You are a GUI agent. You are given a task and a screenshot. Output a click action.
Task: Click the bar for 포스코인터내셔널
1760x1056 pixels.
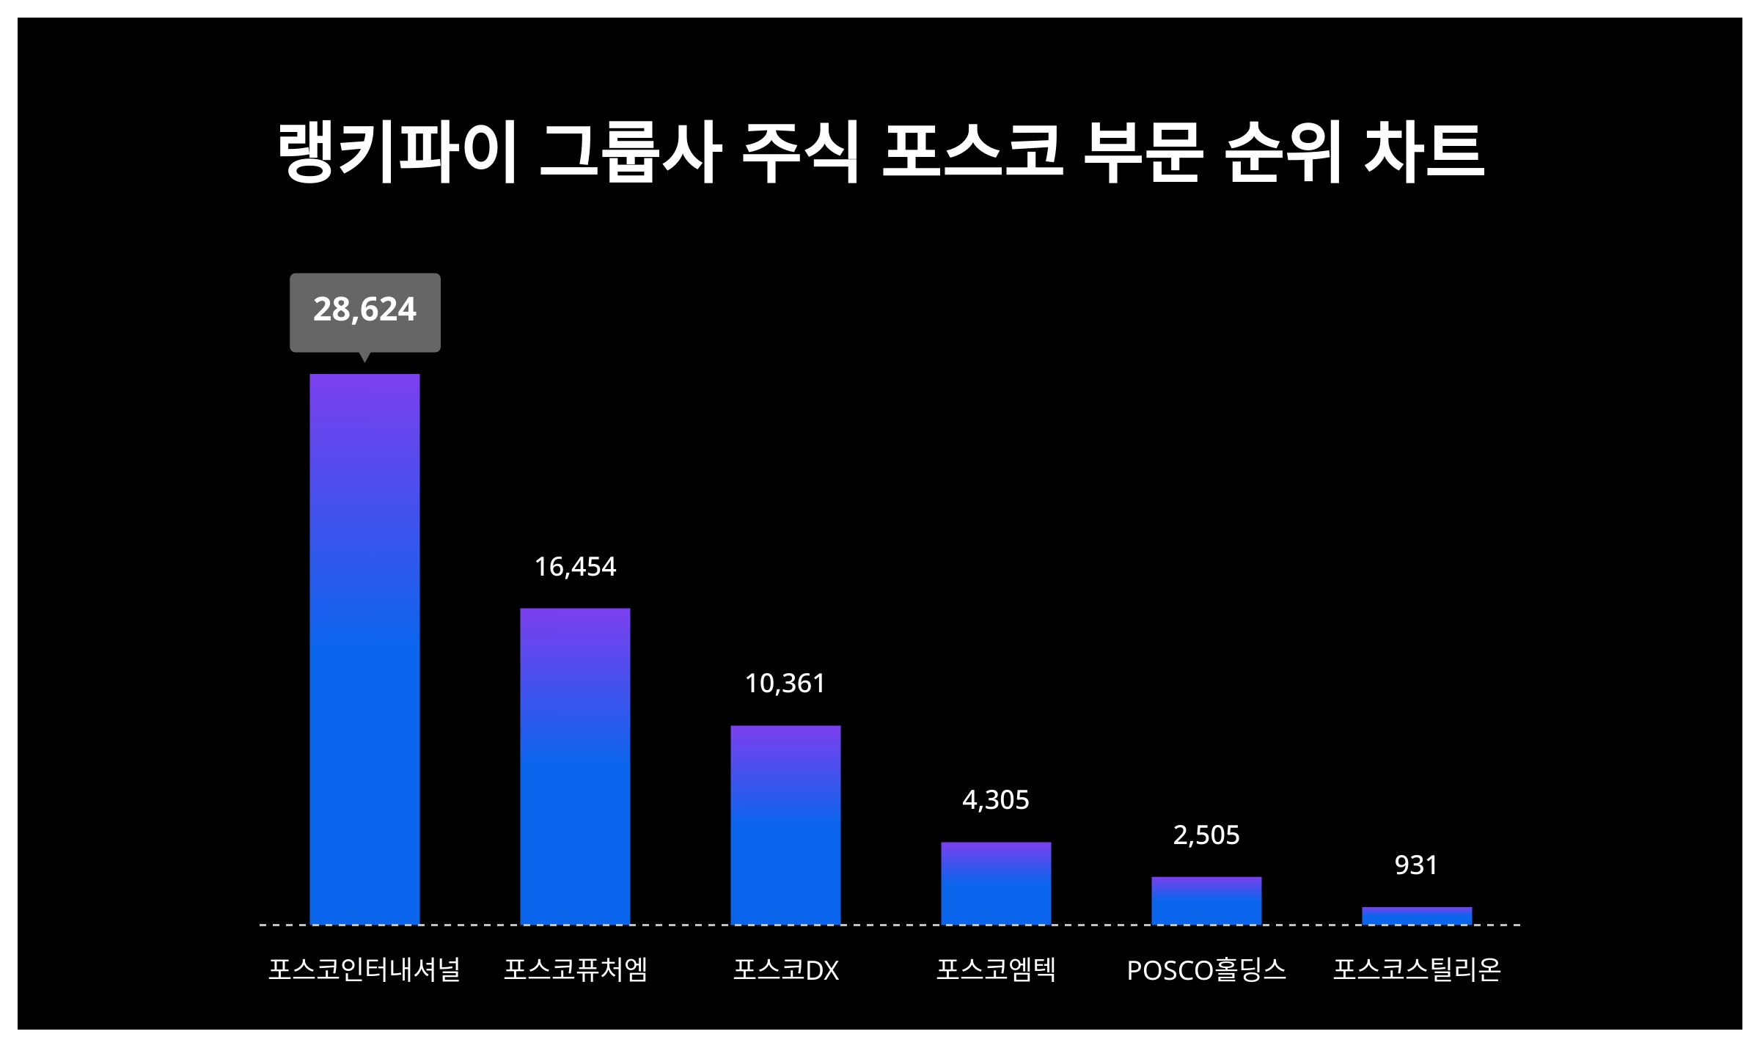point(364,649)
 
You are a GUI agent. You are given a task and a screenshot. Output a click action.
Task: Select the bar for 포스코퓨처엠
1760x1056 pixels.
point(575,766)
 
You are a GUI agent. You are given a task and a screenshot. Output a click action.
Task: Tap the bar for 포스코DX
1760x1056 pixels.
point(785,824)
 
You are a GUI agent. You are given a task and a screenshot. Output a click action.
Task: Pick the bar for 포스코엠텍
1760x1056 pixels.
point(996,883)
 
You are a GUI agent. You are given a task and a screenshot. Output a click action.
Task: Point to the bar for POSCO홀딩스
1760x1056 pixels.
point(1206,901)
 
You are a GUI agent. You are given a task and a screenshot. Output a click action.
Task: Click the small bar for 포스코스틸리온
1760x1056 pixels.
point(1417,916)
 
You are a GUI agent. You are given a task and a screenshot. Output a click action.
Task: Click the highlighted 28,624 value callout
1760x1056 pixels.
point(365,310)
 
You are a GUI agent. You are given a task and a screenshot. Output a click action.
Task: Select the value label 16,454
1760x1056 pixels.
point(575,567)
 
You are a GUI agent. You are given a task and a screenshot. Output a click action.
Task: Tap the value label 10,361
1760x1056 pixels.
point(785,683)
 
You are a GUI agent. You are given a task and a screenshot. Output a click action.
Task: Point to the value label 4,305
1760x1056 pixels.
point(996,800)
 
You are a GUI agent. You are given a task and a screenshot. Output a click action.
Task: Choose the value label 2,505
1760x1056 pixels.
point(1206,835)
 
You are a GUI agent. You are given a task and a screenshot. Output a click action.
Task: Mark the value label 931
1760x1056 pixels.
point(1416,865)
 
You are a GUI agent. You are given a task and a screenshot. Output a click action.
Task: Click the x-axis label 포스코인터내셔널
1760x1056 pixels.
point(364,969)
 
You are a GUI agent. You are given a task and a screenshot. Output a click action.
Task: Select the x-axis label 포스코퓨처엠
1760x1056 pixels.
point(576,969)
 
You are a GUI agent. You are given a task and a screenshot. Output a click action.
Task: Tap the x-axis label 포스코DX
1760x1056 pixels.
point(785,970)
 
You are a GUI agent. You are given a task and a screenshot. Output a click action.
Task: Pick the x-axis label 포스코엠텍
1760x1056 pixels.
point(996,969)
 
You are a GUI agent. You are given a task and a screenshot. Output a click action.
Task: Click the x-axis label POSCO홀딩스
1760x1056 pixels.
point(1206,970)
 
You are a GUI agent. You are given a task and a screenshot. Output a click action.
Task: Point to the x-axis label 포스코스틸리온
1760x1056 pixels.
point(1417,969)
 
